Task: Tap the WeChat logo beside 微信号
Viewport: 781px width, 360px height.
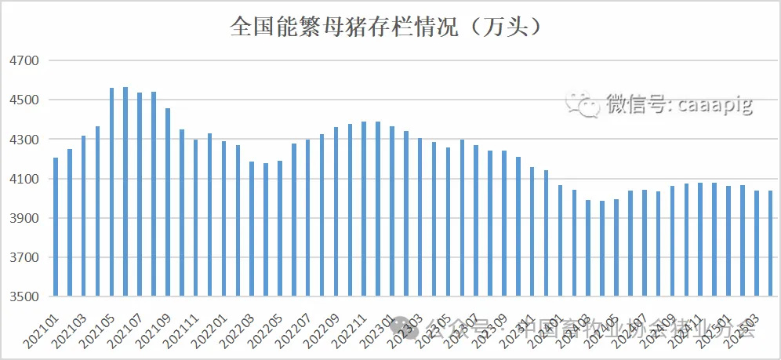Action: (x=584, y=103)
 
